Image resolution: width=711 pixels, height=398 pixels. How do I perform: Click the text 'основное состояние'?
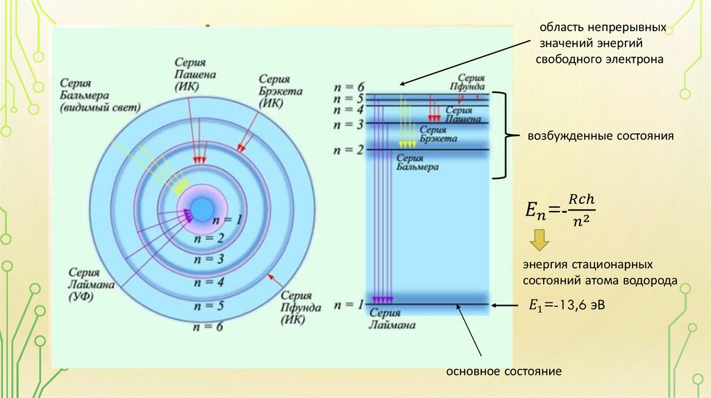(x=503, y=372)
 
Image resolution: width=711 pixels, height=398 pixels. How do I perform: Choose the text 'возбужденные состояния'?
(x=601, y=136)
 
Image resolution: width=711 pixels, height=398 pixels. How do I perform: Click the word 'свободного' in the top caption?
(x=571, y=60)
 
